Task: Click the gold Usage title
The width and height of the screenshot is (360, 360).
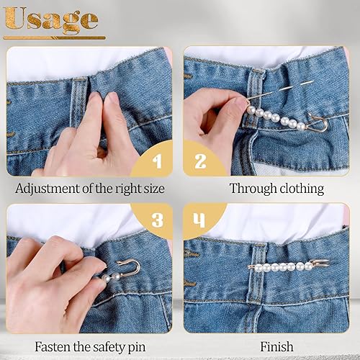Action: tap(51, 19)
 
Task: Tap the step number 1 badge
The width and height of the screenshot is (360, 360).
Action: tap(153, 159)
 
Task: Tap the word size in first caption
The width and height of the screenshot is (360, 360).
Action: tap(154, 189)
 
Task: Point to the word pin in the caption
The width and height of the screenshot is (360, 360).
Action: tap(137, 348)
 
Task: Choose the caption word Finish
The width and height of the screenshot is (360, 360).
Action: tap(276, 346)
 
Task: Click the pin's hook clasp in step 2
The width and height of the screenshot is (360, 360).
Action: tap(318, 124)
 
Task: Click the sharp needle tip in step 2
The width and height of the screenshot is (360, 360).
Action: tap(314, 81)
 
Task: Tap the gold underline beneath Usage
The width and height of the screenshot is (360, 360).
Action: tap(54, 37)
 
